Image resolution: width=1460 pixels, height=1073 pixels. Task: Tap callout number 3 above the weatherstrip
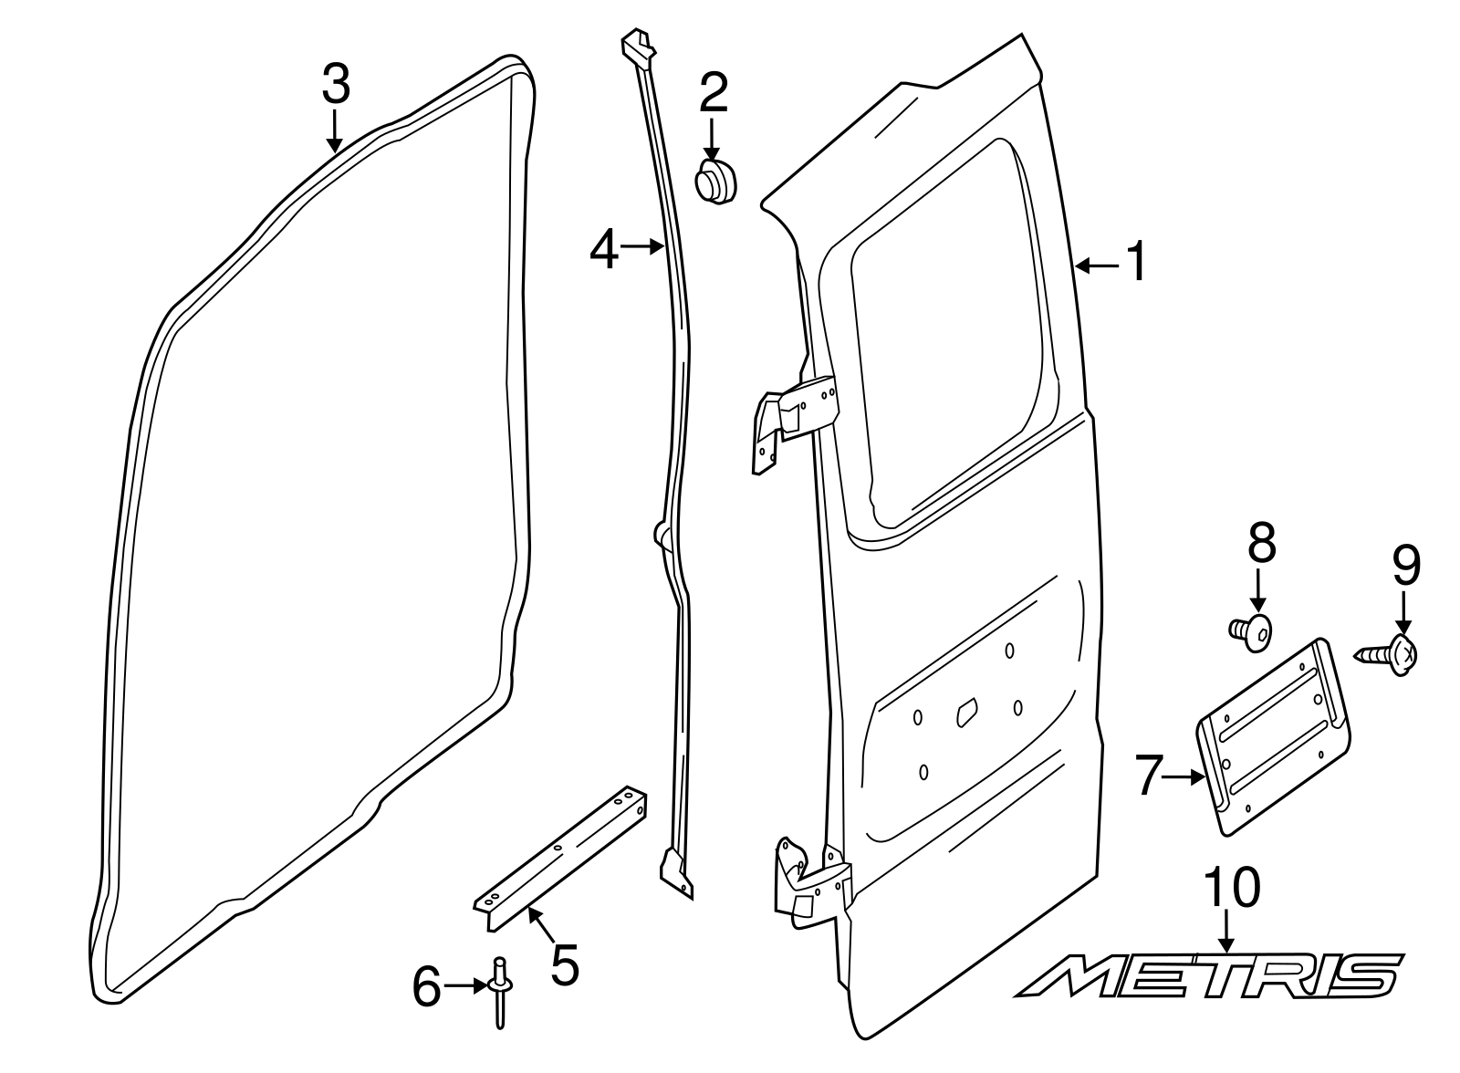(x=335, y=86)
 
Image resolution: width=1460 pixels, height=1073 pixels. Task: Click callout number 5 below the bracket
(x=564, y=964)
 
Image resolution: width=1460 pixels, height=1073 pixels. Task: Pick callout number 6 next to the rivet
(x=426, y=987)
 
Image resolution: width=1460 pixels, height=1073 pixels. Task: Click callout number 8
(x=1261, y=545)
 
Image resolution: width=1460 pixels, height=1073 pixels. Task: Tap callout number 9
(x=1405, y=566)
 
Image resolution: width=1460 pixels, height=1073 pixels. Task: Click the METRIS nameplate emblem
(x=1209, y=975)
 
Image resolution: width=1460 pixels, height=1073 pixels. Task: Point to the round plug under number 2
(x=715, y=181)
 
